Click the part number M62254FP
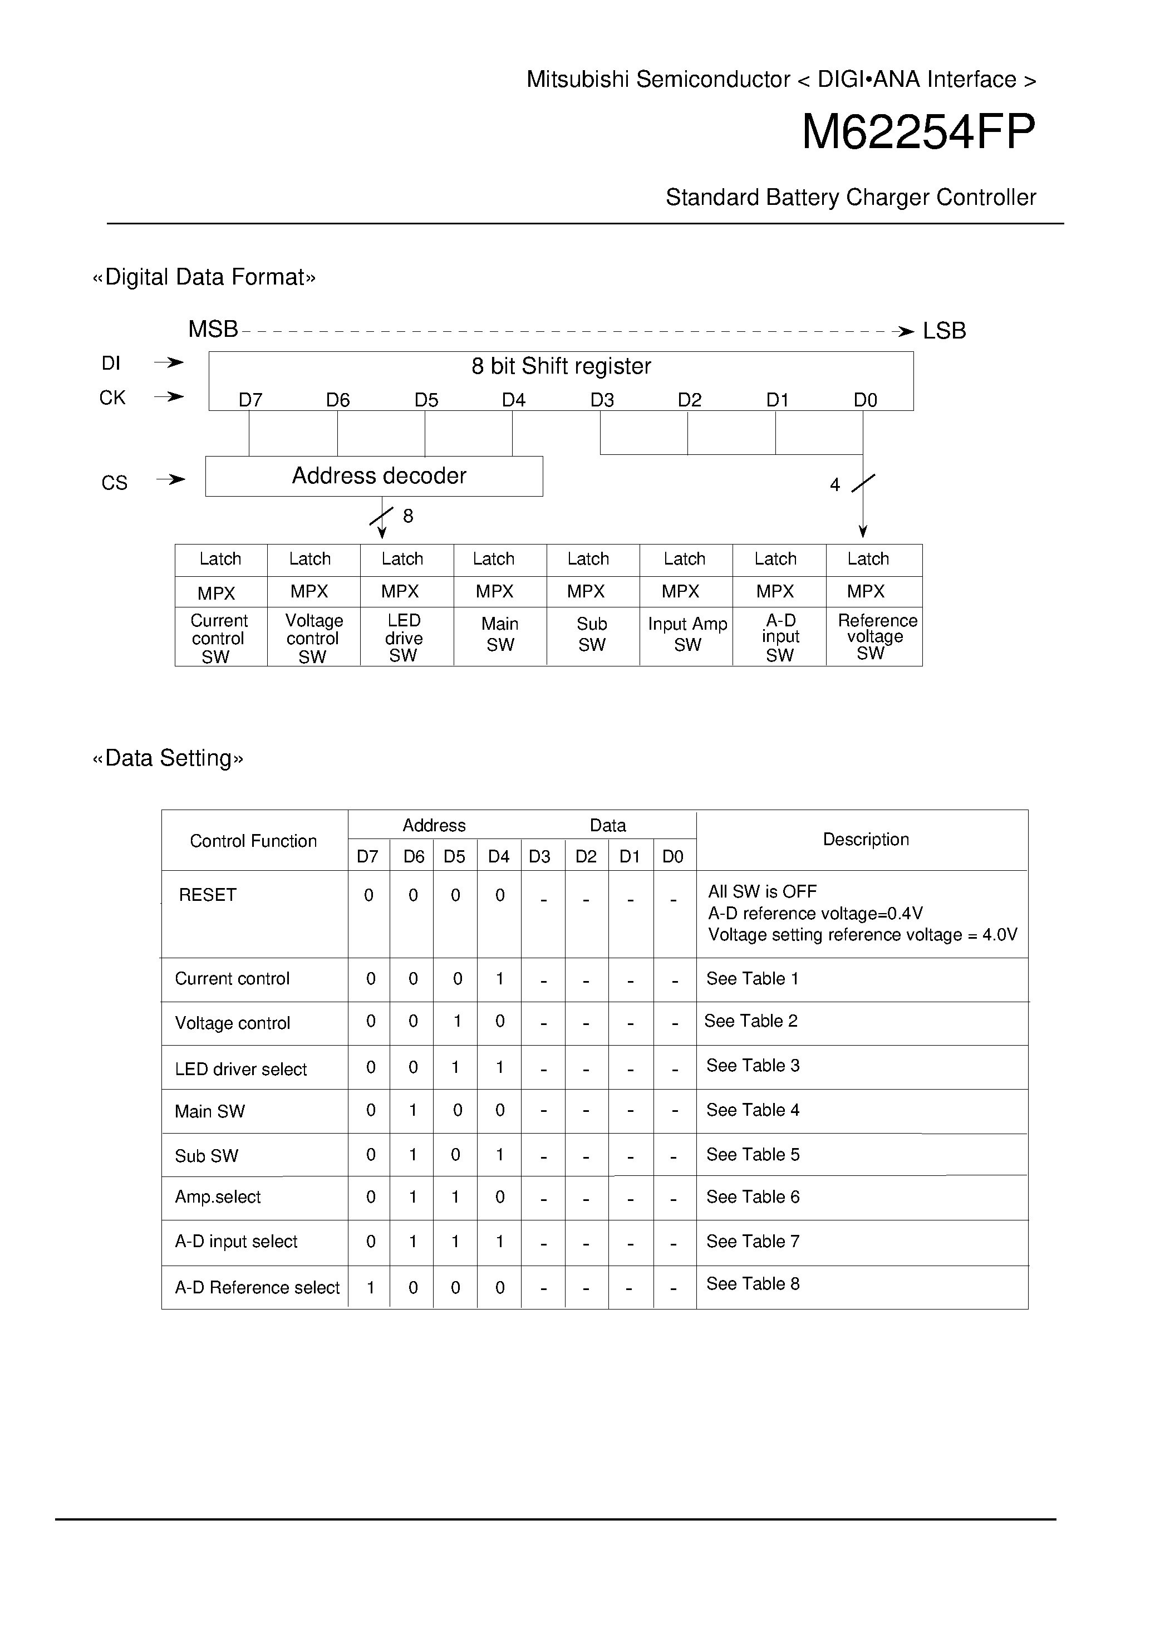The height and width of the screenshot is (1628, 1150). pos(918,133)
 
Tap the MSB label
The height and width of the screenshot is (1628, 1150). pos(213,330)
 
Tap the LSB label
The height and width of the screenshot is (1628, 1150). pos(943,331)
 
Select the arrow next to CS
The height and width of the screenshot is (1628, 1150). pos(171,480)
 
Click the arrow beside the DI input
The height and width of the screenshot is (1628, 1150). pos(169,363)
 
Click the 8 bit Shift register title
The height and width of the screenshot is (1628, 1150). pos(561,366)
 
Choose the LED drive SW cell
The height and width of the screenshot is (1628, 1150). pos(404,638)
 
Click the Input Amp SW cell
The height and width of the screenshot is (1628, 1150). pos(687,634)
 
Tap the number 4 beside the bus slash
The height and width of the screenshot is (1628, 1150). pos(834,485)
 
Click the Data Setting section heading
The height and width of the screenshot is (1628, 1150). pos(168,758)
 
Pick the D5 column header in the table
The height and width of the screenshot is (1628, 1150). pos(454,856)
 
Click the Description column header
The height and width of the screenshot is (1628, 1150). pos(865,840)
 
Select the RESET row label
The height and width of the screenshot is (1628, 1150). pos(207,895)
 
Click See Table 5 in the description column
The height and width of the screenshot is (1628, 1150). pos(752,1154)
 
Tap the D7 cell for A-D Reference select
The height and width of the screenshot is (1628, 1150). pos(370,1288)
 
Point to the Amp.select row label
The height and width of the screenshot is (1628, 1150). pos(218,1197)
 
